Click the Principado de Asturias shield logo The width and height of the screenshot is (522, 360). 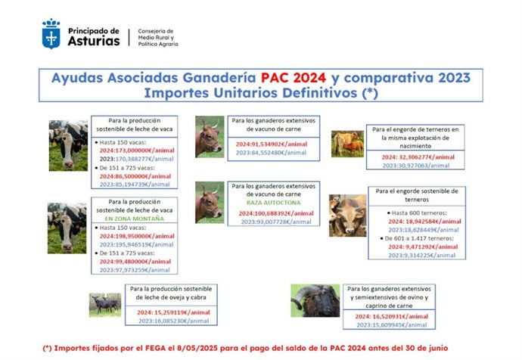(51, 35)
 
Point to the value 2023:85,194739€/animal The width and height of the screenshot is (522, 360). (132, 184)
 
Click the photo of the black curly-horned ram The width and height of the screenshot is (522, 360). (315, 301)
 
